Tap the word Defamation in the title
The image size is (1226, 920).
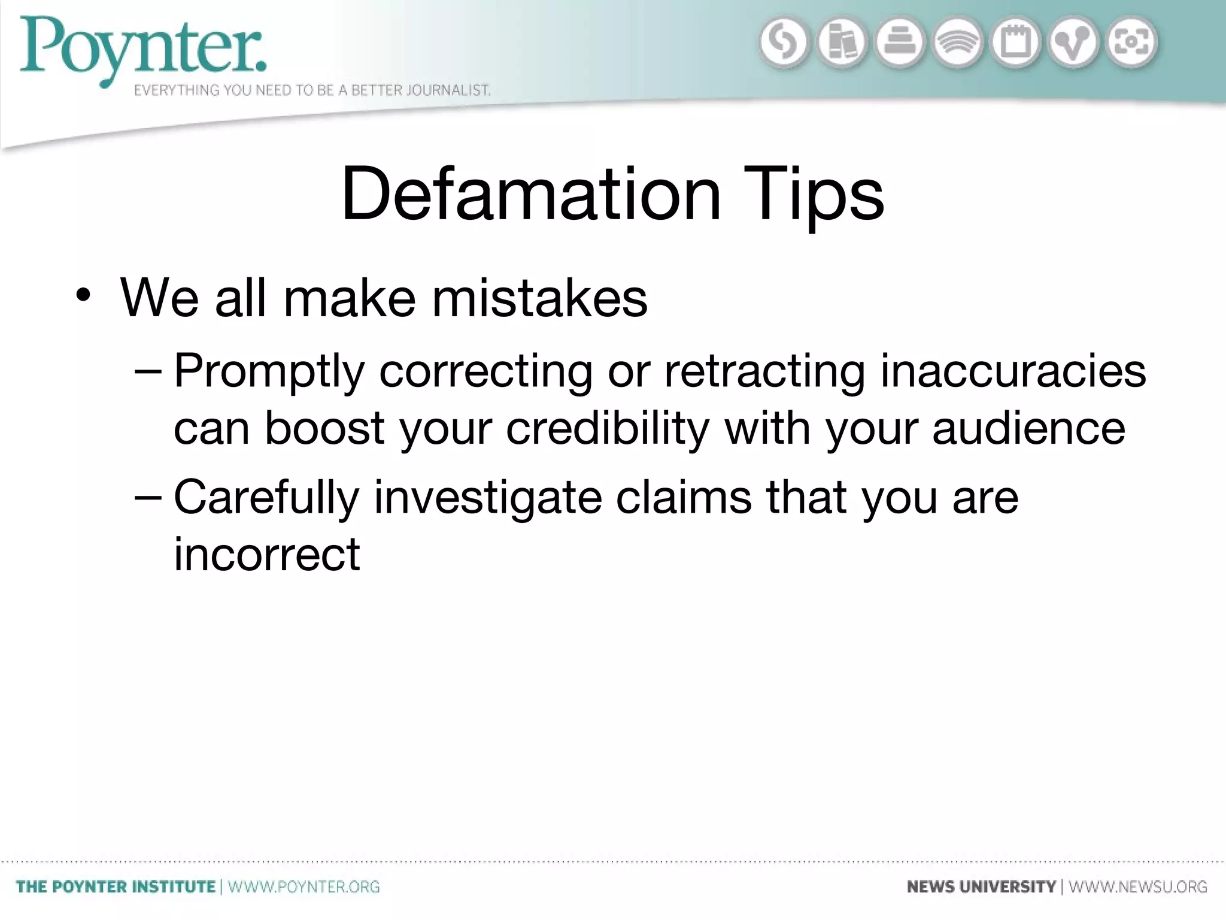tap(531, 195)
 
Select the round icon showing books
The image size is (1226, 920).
tap(842, 43)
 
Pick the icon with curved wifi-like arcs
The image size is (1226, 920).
tap(958, 43)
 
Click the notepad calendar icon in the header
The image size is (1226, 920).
tap(1016, 43)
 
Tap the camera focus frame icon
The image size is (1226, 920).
tap(1131, 43)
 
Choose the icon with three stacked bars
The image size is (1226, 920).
tap(900, 43)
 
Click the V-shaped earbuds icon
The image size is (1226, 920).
tap(1073, 43)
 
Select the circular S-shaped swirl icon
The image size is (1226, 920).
tap(784, 43)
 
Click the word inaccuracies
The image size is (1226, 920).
tap(1013, 371)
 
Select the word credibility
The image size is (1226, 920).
tap(608, 429)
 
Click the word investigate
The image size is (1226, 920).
tap(488, 498)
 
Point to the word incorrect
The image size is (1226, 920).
tap(267, 554)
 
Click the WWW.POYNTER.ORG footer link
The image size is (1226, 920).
tap(304, 886)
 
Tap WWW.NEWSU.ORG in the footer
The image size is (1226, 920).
tap(1138, 886)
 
